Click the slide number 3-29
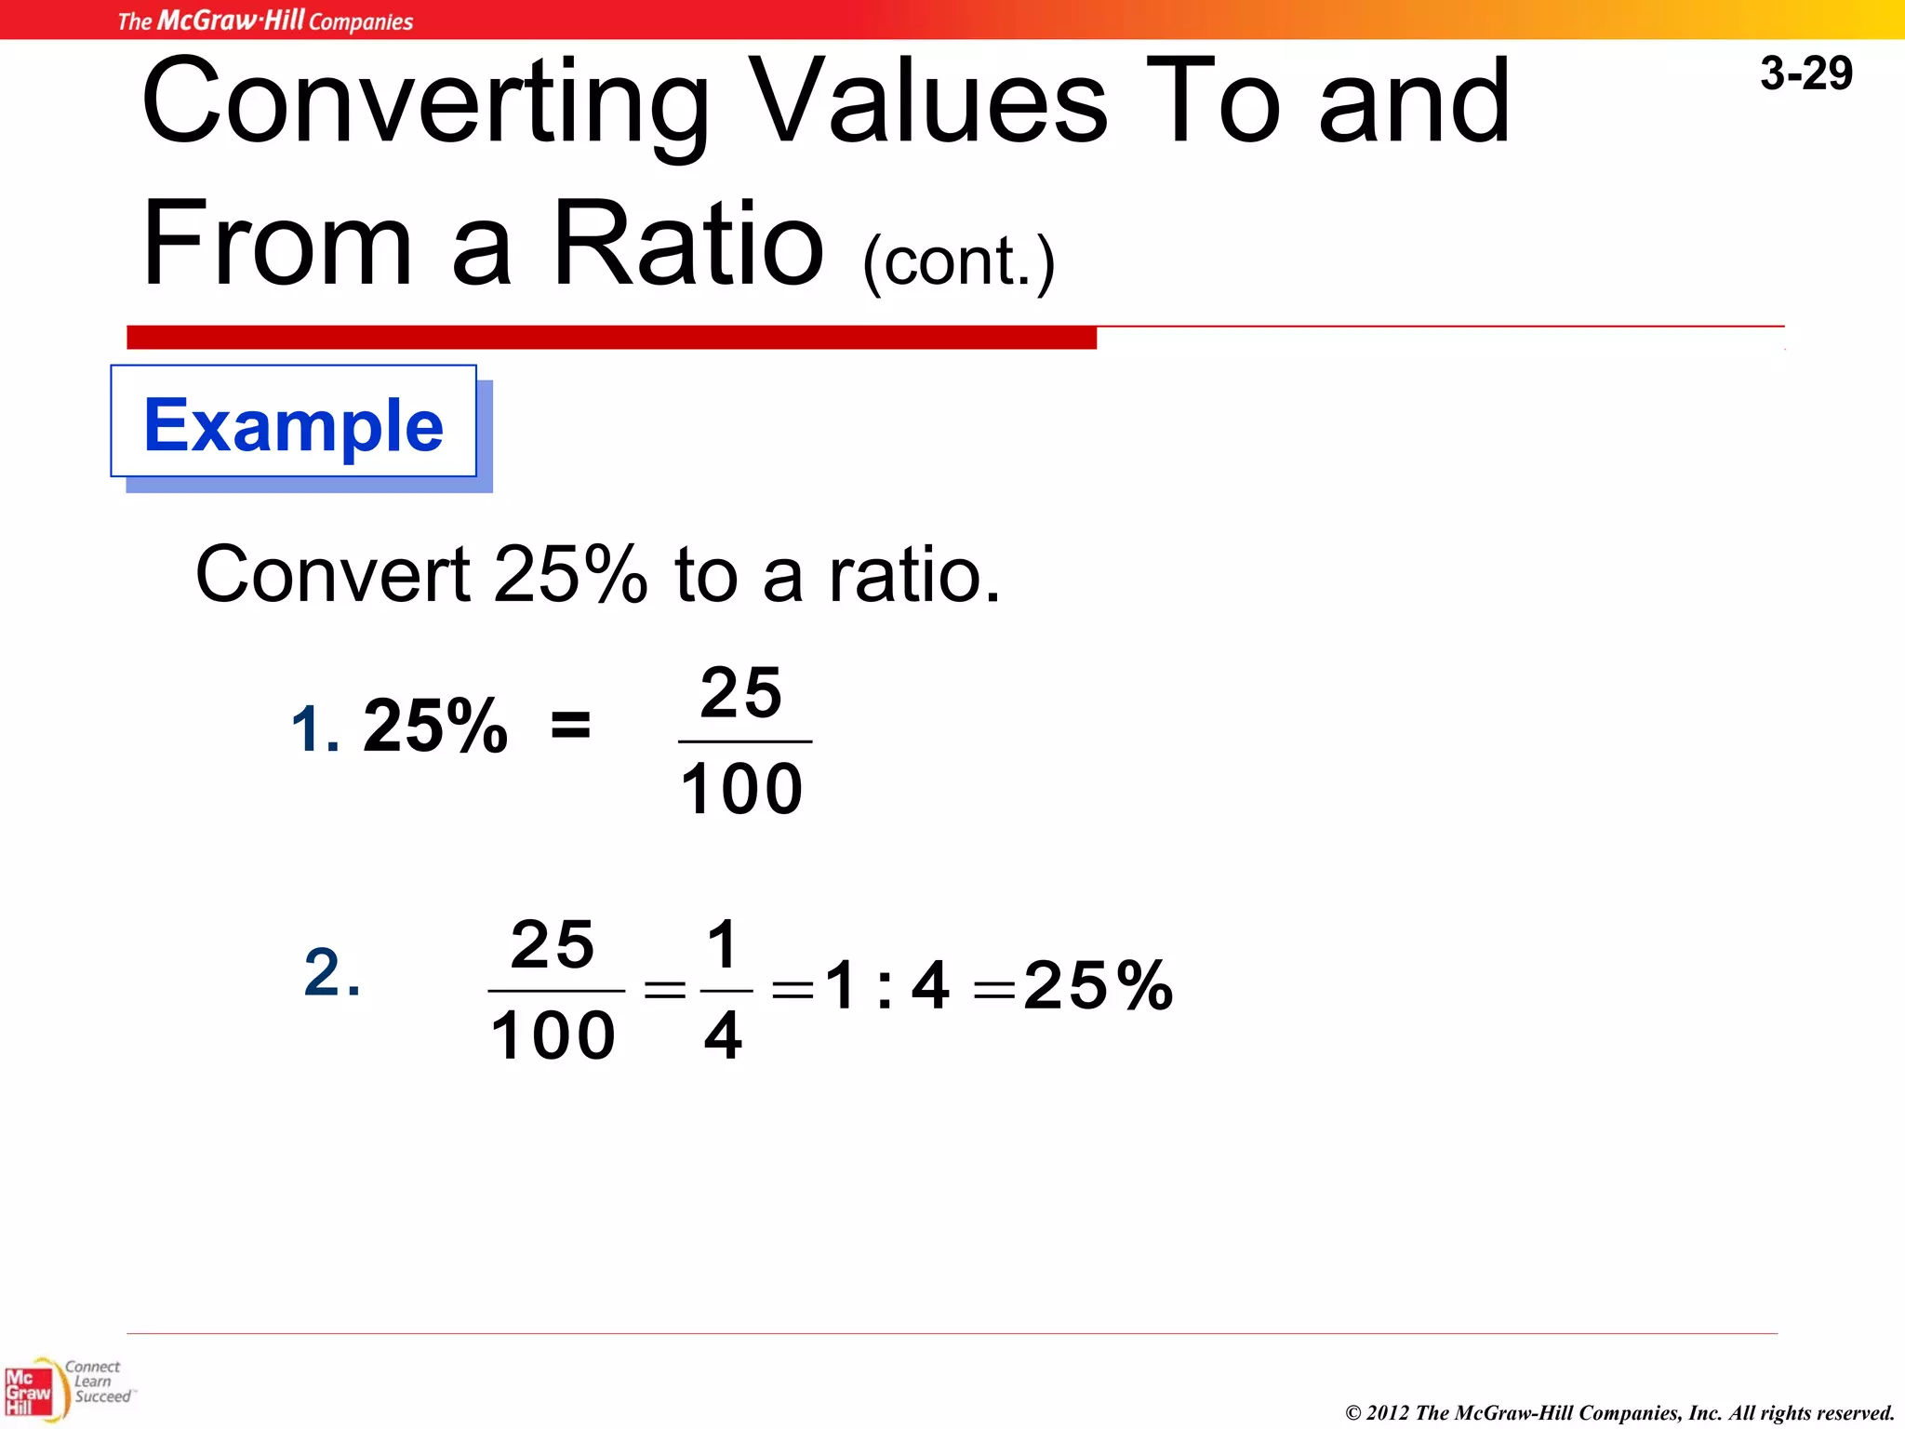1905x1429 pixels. coord(1805,73)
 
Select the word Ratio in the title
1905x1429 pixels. coord(687,243)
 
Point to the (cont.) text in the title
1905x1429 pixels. coord(959,263)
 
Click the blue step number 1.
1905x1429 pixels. coord(313,728)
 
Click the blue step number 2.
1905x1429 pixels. coord(331,973)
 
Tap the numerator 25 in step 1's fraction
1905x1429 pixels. coord(741,693)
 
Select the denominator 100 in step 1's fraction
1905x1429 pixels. coord(741,789)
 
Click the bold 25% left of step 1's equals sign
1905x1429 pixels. coord(435,727)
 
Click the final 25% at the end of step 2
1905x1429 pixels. coord(1098,985)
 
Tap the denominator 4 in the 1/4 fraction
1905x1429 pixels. coord(723,1035)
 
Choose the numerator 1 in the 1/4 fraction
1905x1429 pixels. coord(723,943)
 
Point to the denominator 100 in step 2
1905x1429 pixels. coord(553,1035)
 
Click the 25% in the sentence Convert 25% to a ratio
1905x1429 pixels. coord(569,575)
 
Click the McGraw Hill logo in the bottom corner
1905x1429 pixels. coord(30,1392)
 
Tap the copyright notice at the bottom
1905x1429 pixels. coord(1619,1412)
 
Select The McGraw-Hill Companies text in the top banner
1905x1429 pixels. coord(265,20)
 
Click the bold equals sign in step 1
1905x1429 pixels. coord(570,724)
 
